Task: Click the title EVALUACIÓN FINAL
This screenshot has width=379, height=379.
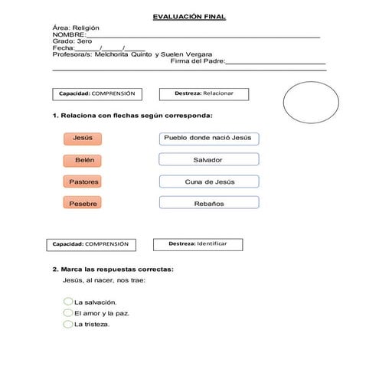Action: point(189,16)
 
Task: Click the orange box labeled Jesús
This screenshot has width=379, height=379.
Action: point(82,138)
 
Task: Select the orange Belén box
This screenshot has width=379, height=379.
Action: point(82,160)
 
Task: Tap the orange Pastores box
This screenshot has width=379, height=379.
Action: point(82,182)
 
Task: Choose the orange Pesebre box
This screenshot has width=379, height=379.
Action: point(82,204)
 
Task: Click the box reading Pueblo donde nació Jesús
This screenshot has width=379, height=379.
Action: point(208,138)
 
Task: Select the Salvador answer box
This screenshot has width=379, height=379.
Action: point(208,160)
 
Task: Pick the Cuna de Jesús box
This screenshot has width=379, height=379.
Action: point(208,182)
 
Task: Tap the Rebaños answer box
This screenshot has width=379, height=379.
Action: point(208,204)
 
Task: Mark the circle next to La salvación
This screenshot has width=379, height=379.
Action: point(68,302)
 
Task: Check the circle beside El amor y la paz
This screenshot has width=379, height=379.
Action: point(68,313)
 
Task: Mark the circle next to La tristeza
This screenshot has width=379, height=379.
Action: point(68,324)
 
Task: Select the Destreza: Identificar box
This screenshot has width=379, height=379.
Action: point(196,244)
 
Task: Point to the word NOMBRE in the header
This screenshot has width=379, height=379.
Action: point(68,34)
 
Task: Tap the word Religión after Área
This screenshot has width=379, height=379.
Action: point(85,28)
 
